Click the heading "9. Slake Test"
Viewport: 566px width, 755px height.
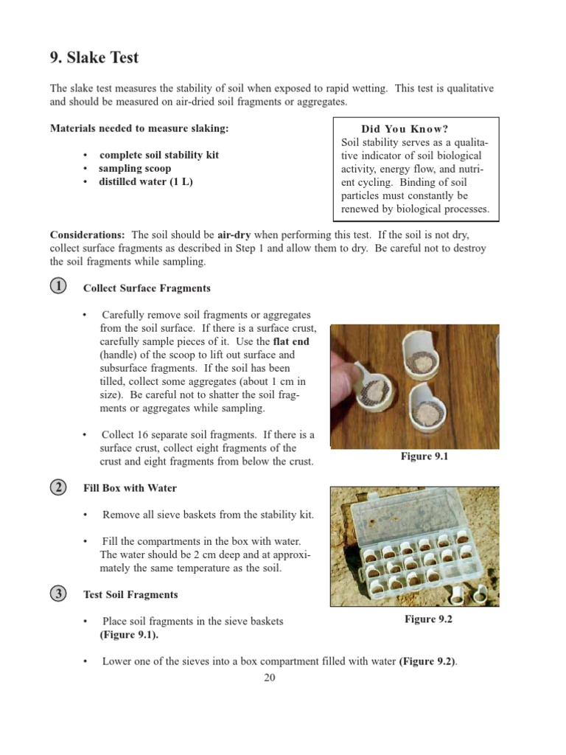pyautogui.click(x=94, y=57)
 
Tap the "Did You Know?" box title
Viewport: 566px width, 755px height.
pyautogui.click(x=415, y=129)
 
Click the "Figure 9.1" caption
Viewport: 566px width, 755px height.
pyautogui.click(x=424, y=456)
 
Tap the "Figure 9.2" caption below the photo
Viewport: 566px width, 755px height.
pyautogui.click(x=428, y=619)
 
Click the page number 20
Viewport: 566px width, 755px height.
pyautogui.click(x=269, y=678)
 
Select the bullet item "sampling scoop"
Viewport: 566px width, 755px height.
pyautogui.click(x=135, y=169)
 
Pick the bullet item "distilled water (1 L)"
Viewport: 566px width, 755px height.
pyautogui.click(x=146, y=182)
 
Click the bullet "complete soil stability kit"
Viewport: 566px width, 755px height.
pyautogui.click(x=158, y=156)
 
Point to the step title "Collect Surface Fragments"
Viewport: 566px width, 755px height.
pyautogui.click(x=147, y=288)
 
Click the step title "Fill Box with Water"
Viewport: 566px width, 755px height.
pyautogui.click(x=130, y=488)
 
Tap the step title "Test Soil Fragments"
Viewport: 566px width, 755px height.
pyautogui.click(x=130, y=594)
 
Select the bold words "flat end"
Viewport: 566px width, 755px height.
pyautogui.click(x=291, y=341)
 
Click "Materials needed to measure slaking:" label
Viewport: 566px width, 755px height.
pyautogui.click(x=139, y=128)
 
